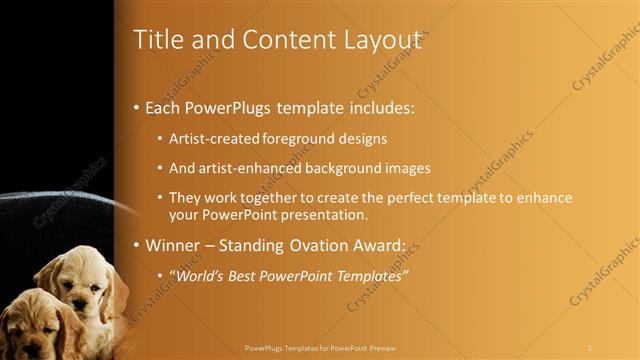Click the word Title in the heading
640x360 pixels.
click(x=158, y=40)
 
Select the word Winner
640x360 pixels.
click(x=175, y=244)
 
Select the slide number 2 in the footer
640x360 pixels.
click(x=590, y=347)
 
